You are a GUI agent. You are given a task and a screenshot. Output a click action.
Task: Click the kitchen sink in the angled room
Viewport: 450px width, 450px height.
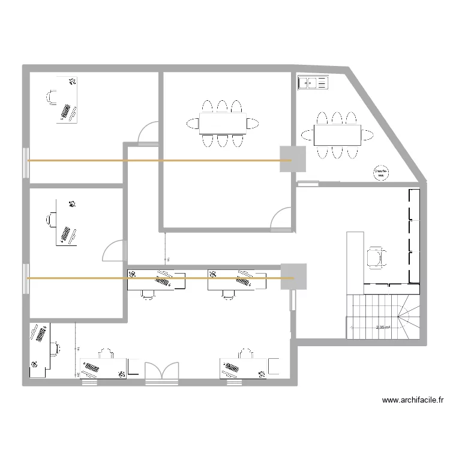point(314,83)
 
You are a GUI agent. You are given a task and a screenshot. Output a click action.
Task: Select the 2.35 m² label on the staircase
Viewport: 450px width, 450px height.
point(383,328)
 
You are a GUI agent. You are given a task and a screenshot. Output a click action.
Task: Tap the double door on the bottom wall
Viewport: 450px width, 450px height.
point(162,370)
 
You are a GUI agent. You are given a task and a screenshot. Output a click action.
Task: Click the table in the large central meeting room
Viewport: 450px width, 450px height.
point(222,123)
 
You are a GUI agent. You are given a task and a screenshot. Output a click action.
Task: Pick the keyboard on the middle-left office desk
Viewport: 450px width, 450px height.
point(66,232)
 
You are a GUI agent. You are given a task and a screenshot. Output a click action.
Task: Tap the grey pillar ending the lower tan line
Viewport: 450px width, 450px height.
point(293,278)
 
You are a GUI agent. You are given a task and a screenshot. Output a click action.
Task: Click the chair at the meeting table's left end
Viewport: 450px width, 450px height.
point(193,123)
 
